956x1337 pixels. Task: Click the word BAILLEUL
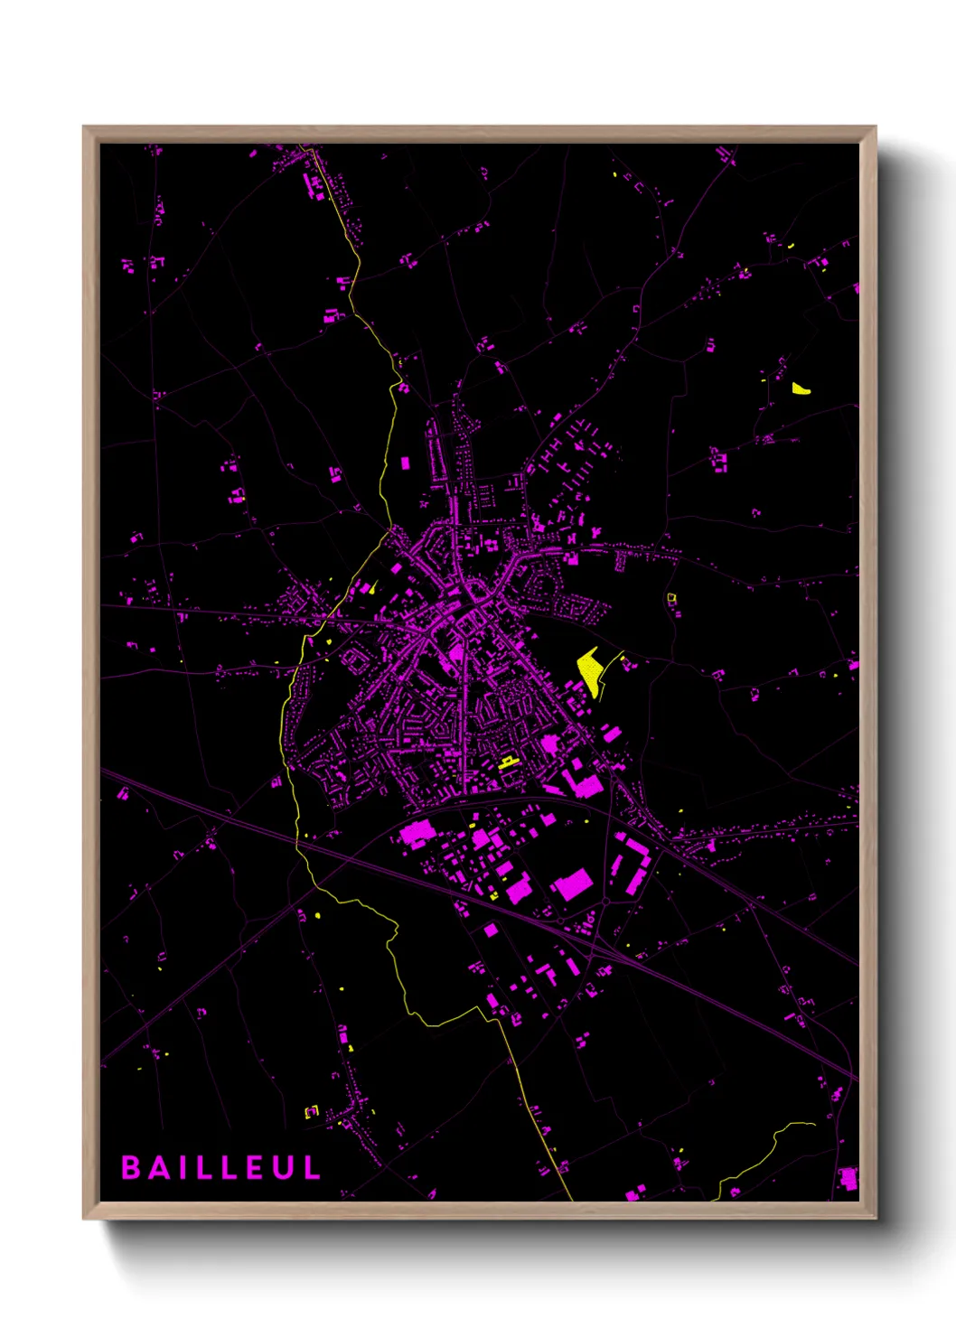(x=221, y=1167)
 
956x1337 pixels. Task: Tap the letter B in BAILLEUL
(x=130, y=1167)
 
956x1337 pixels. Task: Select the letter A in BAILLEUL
(x=159, y=1167)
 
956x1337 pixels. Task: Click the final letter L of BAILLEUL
(x=312, y=1167)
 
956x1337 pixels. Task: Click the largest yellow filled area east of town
(x=590, y=669)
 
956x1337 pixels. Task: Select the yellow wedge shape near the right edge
(x=800, y=388)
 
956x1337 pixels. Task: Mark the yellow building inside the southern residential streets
(x=508, y=762)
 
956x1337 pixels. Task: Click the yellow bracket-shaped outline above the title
(x=311, y=1112)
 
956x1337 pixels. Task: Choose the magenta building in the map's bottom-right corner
(x=848, y=1178)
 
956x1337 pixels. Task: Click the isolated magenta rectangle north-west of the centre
(x=405, y=463)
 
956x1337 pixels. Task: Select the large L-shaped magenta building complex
(x=581, y=782)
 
